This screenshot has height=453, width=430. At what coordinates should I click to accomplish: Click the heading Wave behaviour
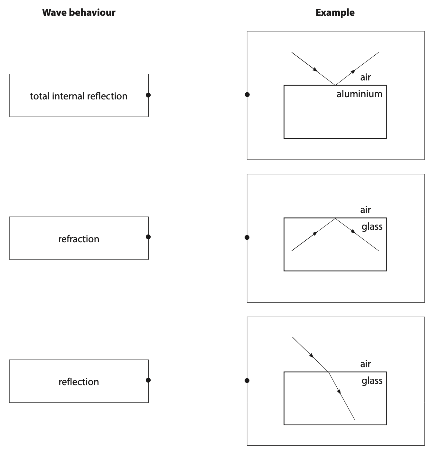[x=79, y=13]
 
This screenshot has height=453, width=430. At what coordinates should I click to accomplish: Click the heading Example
[x=335, y=13]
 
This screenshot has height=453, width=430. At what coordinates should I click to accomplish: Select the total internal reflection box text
[x=79, y=96]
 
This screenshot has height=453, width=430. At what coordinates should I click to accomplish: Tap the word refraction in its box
[x=79, y=239]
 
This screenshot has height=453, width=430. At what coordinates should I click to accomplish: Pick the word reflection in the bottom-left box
[x=79, y=382]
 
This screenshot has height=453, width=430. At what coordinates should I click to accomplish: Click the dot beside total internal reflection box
[x=148, y=95]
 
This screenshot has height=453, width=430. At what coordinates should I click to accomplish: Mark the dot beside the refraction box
[x=148, y=237]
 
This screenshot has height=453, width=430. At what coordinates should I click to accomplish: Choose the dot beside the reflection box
[x=148, y=380]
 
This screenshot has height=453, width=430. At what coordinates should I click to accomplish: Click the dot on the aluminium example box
[x=247, y=95]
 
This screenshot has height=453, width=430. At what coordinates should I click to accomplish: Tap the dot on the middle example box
[x=247, y=237]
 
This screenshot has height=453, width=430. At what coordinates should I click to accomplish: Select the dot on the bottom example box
[x=247, y=381]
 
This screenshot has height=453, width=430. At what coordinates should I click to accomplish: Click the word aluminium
[x=359, y=94]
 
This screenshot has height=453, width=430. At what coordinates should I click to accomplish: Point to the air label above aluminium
[x=365, y=77]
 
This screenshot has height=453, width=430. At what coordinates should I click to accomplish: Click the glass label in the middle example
[x=372, y=226]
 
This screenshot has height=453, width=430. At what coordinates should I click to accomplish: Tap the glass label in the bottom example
[x=372, y=381]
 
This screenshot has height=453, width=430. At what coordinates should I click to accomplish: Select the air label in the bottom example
[x=365, y=364]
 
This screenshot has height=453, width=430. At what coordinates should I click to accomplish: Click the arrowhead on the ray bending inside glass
[x=339, y=391]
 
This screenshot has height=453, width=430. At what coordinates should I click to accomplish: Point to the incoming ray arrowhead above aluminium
[x=315, y=70]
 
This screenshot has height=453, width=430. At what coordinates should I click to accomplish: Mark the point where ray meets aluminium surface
[x=335, y=85]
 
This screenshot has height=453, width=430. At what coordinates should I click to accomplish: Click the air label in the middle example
[x=365, y=210]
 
